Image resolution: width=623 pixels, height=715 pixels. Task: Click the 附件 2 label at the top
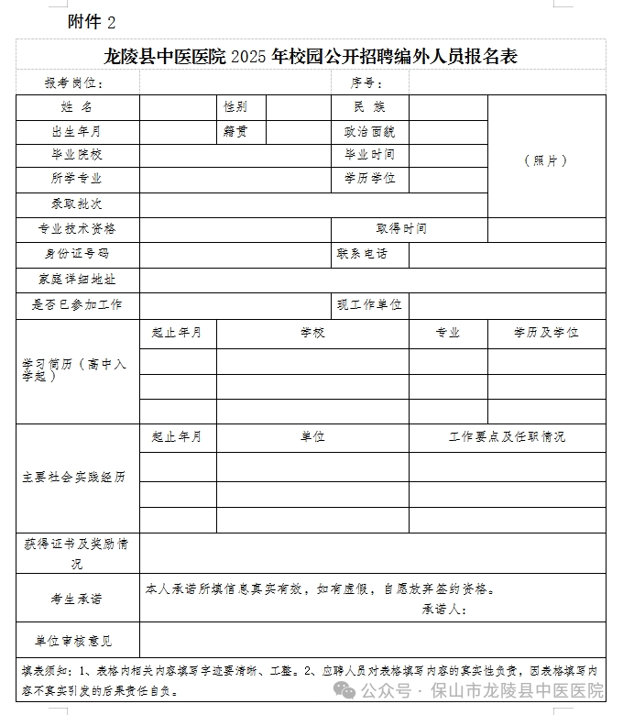pos(93,22)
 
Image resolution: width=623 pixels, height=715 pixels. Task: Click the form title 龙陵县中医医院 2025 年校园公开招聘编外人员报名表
pos(311,57)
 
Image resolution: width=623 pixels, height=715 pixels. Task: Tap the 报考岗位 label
pos(75,83)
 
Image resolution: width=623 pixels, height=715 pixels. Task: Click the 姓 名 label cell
pos(78,107)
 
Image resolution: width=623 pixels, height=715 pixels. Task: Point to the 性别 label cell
pos(235,107)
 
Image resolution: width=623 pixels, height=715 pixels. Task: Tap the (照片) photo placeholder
pos(546,160)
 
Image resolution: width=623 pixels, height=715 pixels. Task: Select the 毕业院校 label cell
pos(78,154)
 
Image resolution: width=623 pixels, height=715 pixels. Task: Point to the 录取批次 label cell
pos(78,203)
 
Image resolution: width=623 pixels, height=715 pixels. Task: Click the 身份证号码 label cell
pos(78,253)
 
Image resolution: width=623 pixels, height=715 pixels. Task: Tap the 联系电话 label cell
pos(363,253)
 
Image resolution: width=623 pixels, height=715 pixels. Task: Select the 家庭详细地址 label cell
pos(78,279)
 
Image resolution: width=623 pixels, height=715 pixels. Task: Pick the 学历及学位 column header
pos(546,333)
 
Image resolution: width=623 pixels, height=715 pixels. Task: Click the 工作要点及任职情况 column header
pos(507,436)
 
